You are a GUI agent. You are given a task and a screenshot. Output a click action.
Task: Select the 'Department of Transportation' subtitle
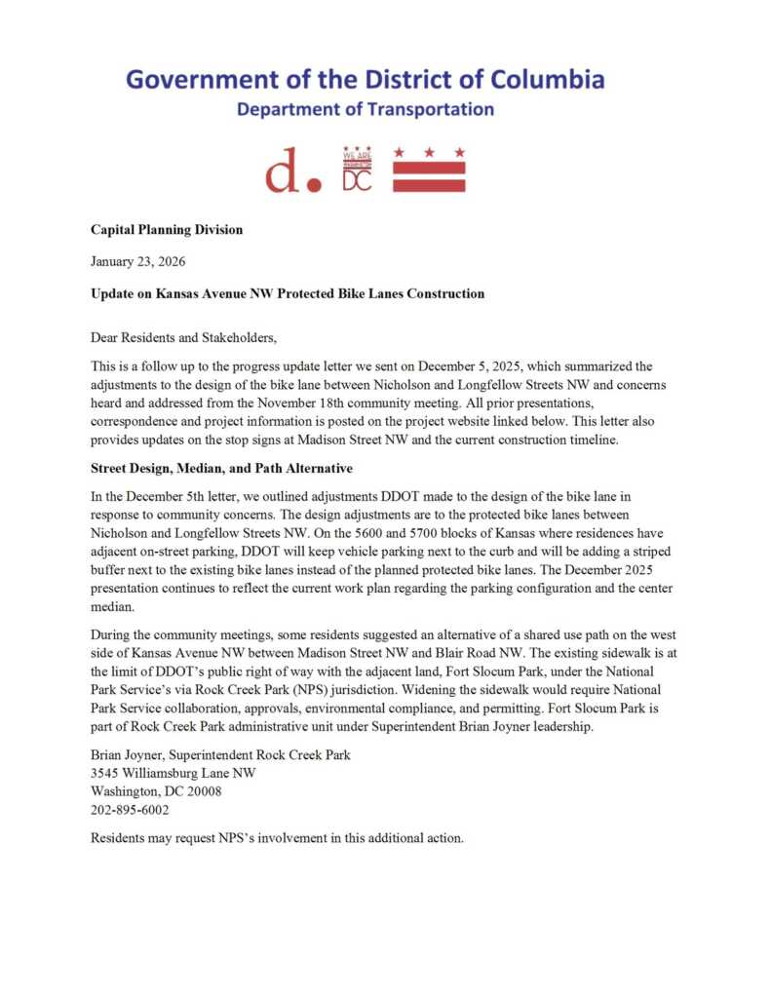[366, 109]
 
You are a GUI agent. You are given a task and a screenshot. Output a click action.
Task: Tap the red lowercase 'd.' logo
[291, 173]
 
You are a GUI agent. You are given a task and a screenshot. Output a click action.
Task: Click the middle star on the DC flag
[429, 153]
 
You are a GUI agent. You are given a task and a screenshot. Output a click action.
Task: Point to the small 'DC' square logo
[357, 171]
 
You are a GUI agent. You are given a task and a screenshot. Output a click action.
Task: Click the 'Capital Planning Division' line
[167, 230]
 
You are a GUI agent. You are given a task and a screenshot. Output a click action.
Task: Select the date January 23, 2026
[137, 261]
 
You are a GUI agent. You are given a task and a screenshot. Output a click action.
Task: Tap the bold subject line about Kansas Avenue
[288, 293]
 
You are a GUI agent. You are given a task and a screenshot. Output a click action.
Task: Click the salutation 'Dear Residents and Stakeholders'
[183, 338]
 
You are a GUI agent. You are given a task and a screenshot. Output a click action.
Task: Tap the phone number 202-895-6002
[130, 810]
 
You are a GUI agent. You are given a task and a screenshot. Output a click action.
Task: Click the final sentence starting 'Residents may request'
[276, 838]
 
